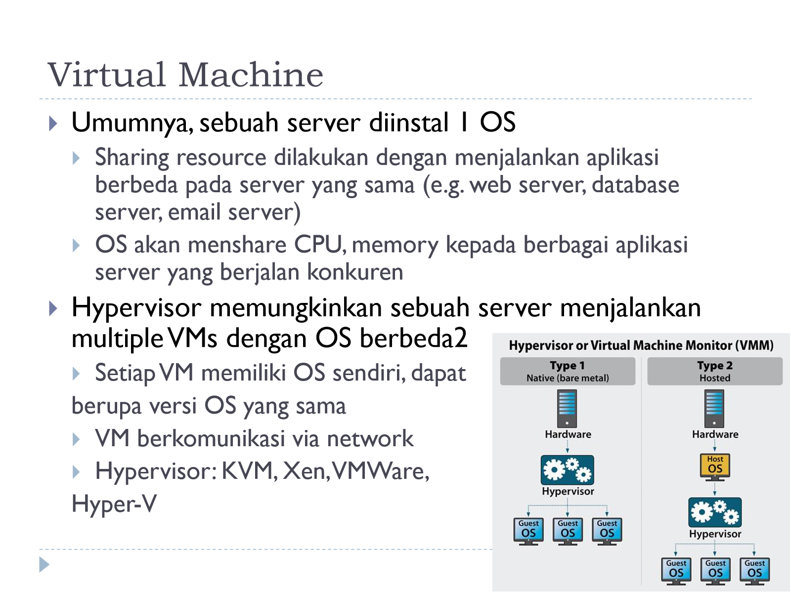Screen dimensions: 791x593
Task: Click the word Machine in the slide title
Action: tap(251, 75)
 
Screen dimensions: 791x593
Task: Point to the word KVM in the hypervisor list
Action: tap(249, 471)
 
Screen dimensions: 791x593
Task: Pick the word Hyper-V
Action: tap(114, 504)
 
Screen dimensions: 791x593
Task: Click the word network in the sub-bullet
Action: tap(370, 438)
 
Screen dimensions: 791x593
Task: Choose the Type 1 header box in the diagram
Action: tap(568, 371)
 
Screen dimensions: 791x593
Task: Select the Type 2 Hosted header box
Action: tap(715, 371)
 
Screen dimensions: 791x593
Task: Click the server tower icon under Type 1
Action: tap(567, 408)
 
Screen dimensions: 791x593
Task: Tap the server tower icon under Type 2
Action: tap(714, 408)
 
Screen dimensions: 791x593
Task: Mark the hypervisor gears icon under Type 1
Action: tap(567, 470)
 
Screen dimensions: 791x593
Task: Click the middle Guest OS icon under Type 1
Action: tap(568, 531)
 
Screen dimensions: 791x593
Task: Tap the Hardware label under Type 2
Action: tap(715, 434)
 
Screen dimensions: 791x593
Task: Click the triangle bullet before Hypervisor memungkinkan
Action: tap(52, 308)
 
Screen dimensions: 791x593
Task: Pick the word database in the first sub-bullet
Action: tap(635, 185)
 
